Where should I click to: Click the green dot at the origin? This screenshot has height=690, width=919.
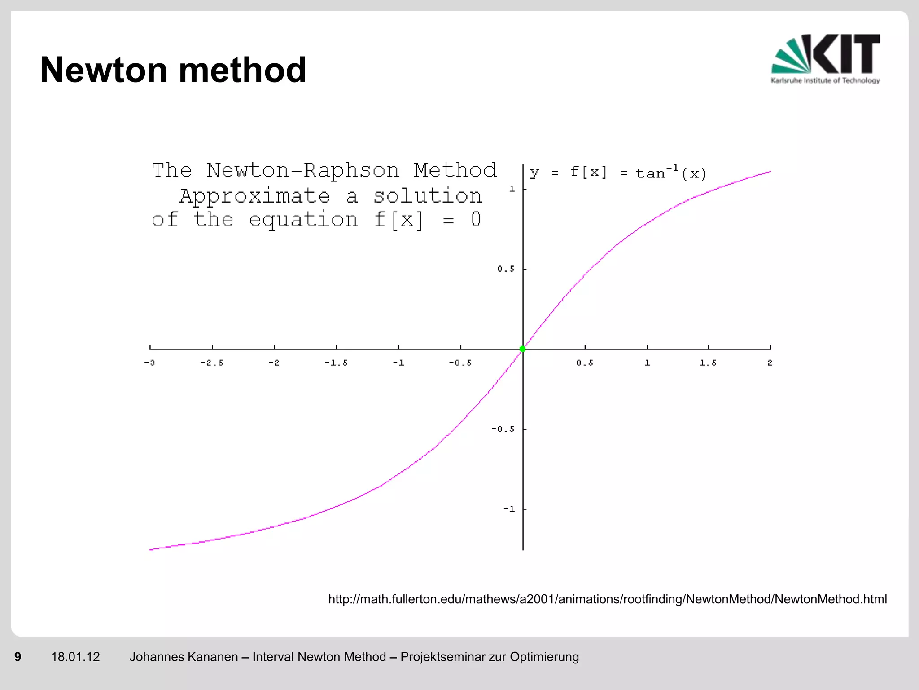[x=522, y=349]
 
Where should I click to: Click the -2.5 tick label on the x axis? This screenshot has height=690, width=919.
[x=211, y=363]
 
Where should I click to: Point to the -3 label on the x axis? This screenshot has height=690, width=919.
[x=149, y=363]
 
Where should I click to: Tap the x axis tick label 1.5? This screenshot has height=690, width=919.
[x=708, y=363]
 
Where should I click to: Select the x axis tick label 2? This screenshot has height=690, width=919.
[x=770, y=363]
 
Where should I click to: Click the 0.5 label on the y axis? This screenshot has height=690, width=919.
[x=506, y=269]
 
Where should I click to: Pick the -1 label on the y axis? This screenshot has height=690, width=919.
[x=508, y=509]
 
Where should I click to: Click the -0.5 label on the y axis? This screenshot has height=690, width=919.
[x=503, y=429]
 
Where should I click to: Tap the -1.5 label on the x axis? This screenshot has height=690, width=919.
[x=336, y=363]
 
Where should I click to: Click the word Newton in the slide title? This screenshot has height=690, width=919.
[x=104, y=70]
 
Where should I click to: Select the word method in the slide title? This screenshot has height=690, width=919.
[x=242, y=70]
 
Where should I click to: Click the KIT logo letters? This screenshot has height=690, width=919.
[x=845, y=54]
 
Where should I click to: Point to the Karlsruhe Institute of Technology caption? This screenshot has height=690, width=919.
[x=825, y=81]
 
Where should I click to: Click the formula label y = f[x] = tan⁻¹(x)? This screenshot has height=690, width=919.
[x=617, y=172]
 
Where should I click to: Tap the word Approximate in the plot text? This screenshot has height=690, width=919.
[x=254, y=196]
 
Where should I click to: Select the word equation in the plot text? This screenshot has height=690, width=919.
[x=303, y=220]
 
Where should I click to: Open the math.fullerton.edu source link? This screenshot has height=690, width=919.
[x=607, y=599]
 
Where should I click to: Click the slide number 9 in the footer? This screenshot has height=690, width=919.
[x=18, y=657]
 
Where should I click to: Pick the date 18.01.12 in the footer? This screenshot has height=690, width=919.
[x=75, y=657]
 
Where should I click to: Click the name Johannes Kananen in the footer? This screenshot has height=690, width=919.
[x=184, y=657]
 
